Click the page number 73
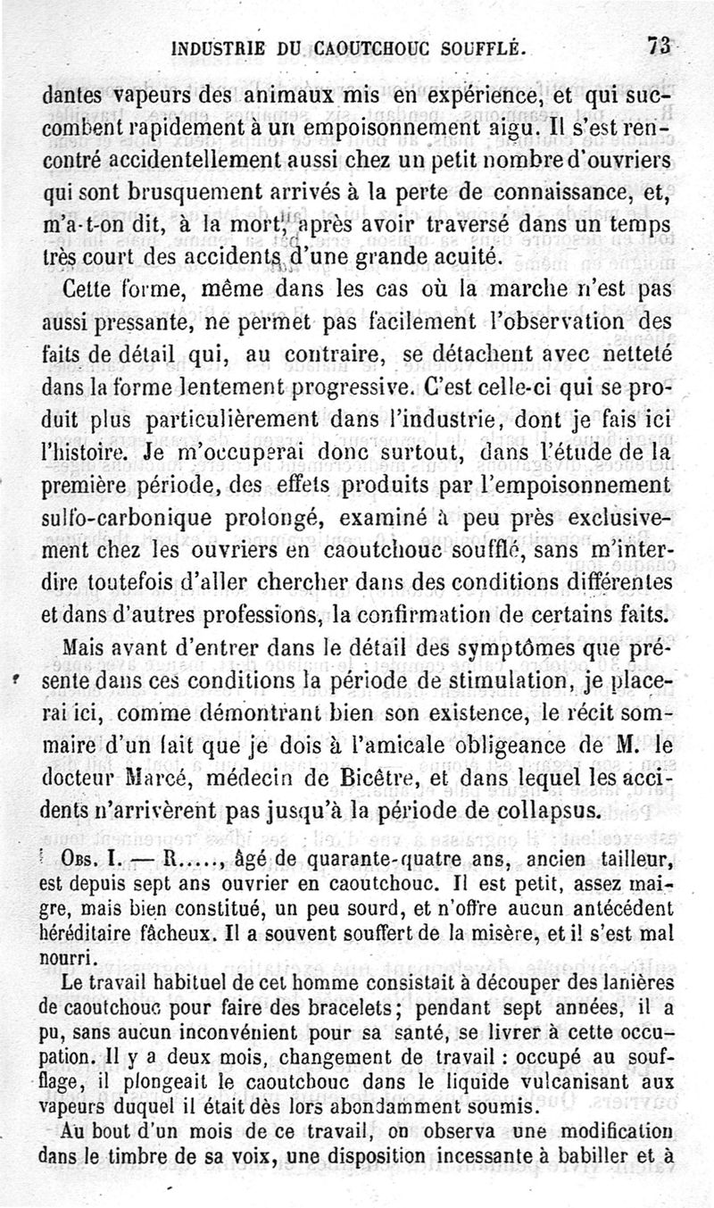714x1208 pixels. (x=661, y=46)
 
